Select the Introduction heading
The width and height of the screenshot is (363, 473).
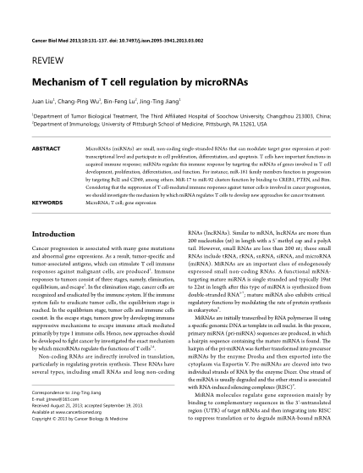coord(58,232)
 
